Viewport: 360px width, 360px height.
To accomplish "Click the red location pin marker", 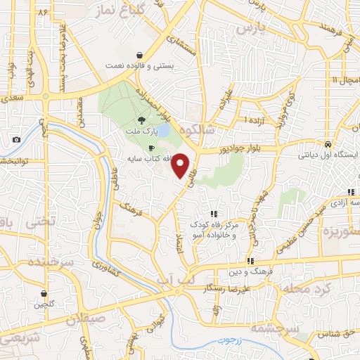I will pyautogui.click(x=181, y=165).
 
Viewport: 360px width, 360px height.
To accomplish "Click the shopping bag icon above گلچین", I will pyautogui.click(x=44, y=294).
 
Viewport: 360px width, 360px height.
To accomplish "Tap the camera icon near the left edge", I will pyautogui.click(x=16, y=140).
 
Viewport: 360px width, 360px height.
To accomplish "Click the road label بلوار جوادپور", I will pyautogui.click(x=223, y=149).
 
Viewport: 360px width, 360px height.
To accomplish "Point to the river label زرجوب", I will pyautogui.click(x=229, y=340).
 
